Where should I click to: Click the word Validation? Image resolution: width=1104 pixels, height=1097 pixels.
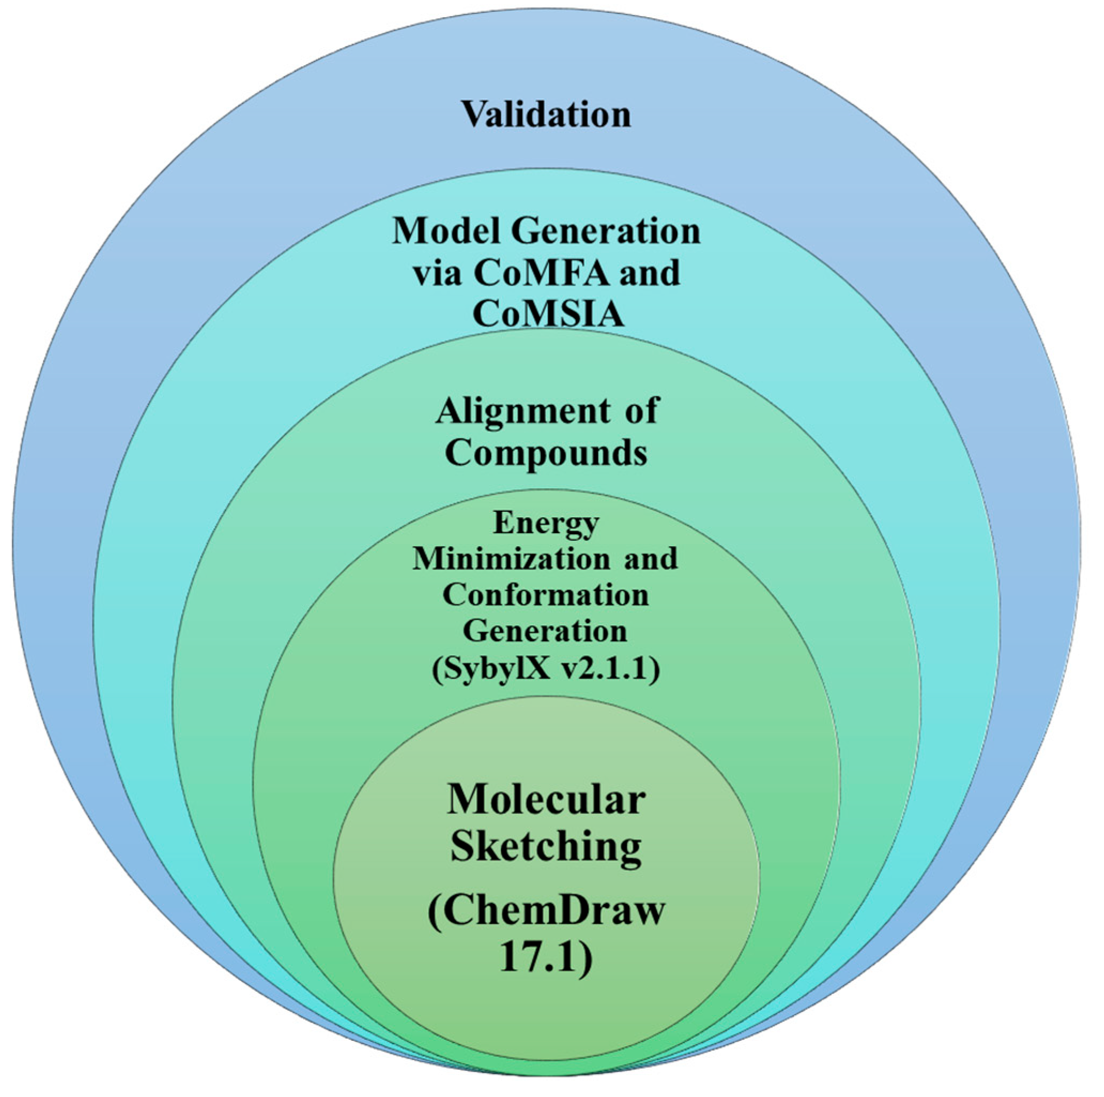546,114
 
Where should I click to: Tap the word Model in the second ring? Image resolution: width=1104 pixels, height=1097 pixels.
443,232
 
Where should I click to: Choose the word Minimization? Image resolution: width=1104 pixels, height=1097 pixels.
511,558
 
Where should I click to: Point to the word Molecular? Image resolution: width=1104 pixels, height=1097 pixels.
546,799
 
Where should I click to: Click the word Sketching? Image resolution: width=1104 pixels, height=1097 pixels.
546,847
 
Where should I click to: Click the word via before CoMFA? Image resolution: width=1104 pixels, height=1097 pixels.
437,273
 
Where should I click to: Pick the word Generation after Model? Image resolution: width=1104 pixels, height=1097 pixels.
605,232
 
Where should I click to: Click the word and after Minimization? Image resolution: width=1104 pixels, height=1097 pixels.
650,558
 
